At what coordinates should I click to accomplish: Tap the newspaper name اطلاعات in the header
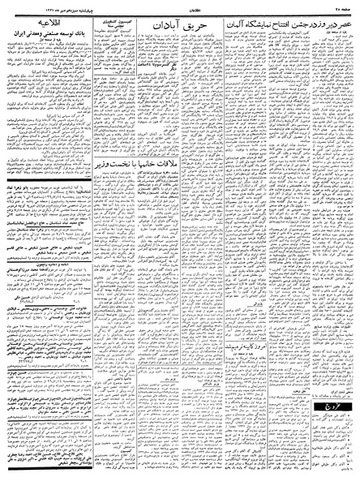(179, 5)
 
